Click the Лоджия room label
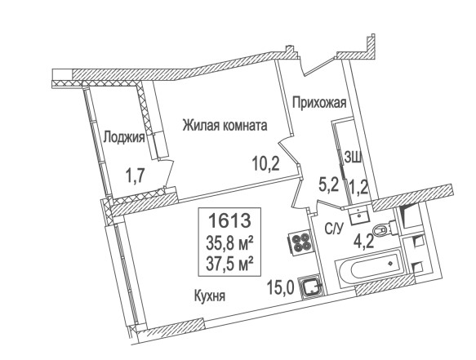[124, 139]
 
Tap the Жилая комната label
[225, 126]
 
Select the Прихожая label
[319, 103]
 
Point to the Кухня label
[210, 296]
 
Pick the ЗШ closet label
[353, 158]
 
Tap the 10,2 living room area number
[266, 165]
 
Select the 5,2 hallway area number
[328, 184]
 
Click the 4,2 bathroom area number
[363, 242]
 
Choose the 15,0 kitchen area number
[281, 288]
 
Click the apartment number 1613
[229, 220]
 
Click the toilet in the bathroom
[385, 229]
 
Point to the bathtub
[371, 266]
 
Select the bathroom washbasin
[358, 216]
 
